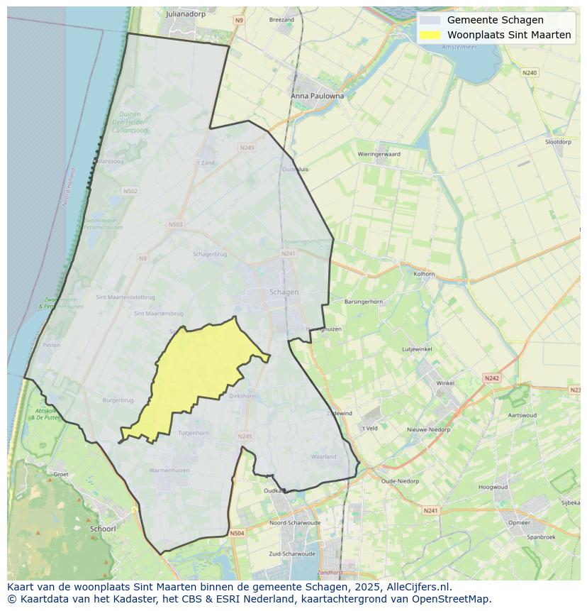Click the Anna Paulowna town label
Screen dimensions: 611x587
pos(317,95)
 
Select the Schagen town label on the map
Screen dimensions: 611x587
pos(284,292)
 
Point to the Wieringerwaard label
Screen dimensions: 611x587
pos(379,153)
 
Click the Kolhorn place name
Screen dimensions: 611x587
pos(424,273)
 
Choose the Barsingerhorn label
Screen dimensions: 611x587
pos(363,302)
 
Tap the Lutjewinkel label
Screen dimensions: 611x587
pos(417,349)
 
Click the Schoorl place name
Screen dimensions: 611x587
pos(103,529)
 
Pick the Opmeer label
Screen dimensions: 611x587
pos(519,522)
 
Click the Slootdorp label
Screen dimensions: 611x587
pos(558,142)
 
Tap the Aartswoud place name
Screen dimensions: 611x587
pos(522,415)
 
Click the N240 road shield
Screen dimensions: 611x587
pos(530,73)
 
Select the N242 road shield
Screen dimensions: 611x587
pos(492,378)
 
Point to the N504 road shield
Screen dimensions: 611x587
pos(237,533)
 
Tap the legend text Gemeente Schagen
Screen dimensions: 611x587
pos(495,20)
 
